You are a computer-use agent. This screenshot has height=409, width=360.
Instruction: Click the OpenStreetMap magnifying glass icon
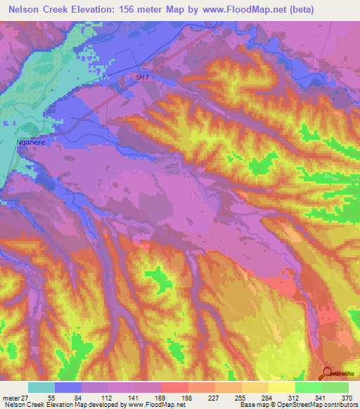pyautogui.click(x=328, y=373)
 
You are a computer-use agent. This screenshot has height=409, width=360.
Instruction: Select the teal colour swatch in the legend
pyautogui.click(x=41, y=387)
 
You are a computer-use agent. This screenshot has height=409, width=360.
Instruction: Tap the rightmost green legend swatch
pyautogui.click(x=335, y=387)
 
